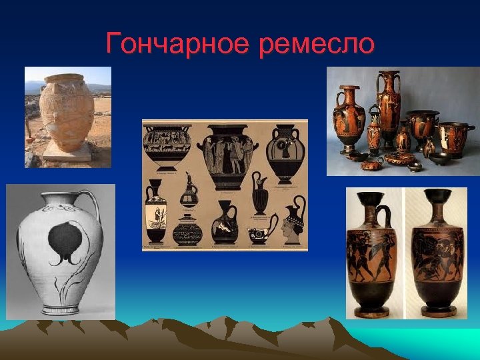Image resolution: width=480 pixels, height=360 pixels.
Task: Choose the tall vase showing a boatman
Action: pos(155,213)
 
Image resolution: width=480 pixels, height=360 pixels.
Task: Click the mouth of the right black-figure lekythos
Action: pos(437,195)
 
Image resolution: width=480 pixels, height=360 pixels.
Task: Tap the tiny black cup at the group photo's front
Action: pos(415,167)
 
